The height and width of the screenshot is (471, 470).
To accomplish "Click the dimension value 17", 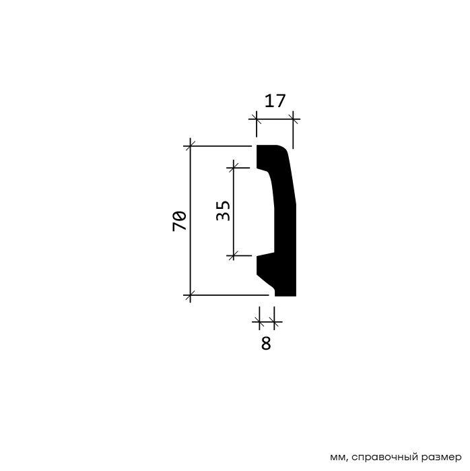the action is [x=274, y=101].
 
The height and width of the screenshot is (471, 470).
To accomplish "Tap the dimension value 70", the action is [x=180, y=221].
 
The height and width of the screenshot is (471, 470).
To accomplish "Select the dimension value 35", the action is [x=223, y=210].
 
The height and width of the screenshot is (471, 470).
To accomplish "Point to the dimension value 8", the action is [x=266, y=344].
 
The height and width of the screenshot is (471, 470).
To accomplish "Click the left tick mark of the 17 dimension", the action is [x=257, y=119].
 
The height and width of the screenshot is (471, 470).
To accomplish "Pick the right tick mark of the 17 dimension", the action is [x=293, y=119].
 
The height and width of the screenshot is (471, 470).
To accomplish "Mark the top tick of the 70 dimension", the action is [x=190, y=146].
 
